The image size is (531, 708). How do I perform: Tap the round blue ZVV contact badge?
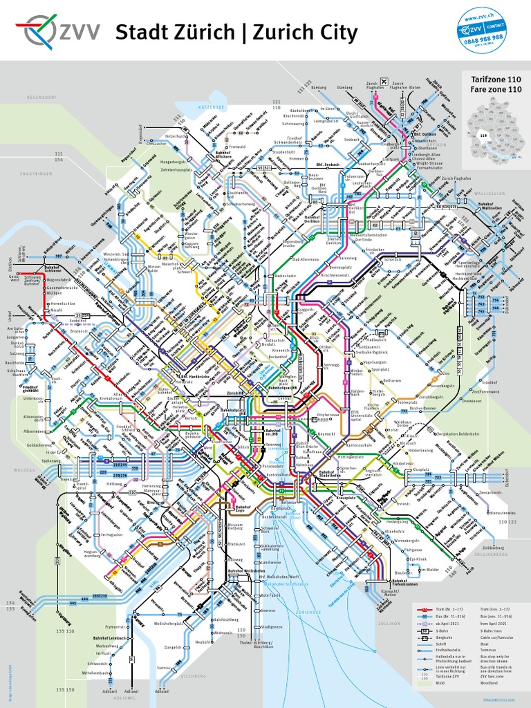(481, 31)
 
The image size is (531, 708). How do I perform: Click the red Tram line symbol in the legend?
(424, 608)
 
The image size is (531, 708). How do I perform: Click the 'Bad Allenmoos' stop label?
(306, 259)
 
